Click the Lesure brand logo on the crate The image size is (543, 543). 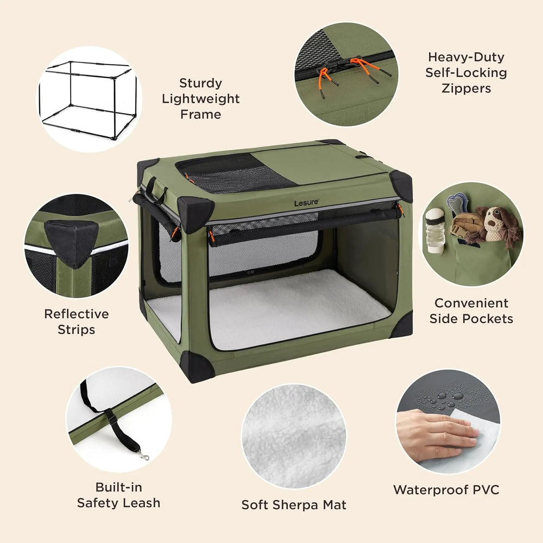click(x=306, y=203)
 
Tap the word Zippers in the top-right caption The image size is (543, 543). click(x=466, y=89)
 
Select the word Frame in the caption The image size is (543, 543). click(x=200, y=114)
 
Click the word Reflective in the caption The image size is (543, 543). click(x=77, y=314)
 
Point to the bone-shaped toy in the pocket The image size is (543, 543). click(x=457, y=204)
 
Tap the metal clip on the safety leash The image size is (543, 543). click(x=144, y=455)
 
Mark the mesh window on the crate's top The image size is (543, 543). click(x=236, y=173)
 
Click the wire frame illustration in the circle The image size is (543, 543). click(x=88, y=100)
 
